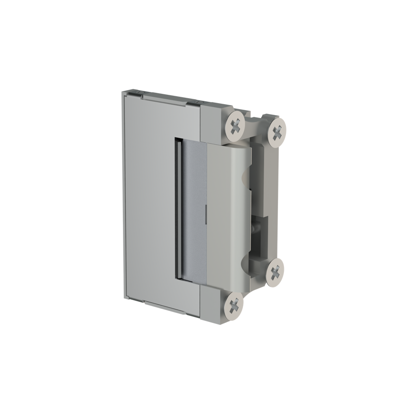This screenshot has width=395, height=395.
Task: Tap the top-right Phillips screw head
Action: [x=278, y=132]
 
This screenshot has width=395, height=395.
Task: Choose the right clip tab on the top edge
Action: [x=197, y=102]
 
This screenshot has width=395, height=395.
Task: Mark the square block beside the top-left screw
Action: [x=213, y=123]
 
